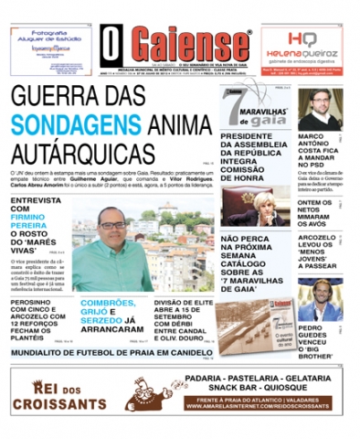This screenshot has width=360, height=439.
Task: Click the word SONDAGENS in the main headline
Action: pyautogui.click(x=78, y=124)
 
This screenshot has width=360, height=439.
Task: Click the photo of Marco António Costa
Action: pyautogui.click(x=318, y=108)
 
